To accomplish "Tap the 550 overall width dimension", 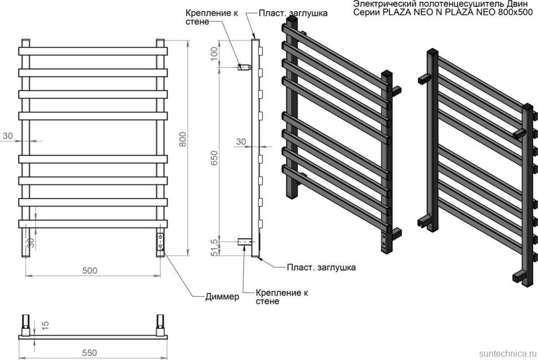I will pyautogui.click(x=89, y=352).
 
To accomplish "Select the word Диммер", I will pyautogui.click(x=221, y=297).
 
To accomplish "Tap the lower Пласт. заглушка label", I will pyautogui.click(x=321, y=267).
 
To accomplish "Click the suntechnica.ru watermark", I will pyautogui.click(x=505, y=353).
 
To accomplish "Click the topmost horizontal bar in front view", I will pyautogui.click(x=93, y=51).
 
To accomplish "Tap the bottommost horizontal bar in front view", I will pyautogui.click(x=93, y=223).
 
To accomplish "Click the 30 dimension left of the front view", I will pyautogui.click(x=7, y=135).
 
